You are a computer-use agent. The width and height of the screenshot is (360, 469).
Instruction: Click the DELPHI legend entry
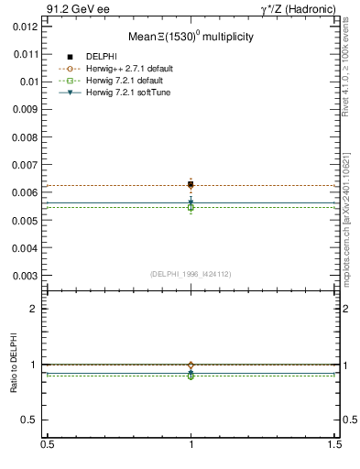(x=102, y=57)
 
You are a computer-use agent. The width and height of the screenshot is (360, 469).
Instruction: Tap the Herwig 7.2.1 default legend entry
(x=124, y=81)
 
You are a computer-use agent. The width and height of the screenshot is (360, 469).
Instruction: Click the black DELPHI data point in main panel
(x=191, y=184)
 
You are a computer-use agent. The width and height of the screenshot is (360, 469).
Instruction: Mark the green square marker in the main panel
(x=191, y=207)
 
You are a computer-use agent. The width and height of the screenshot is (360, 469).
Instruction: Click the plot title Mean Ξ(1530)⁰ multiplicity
(x=191, y=38)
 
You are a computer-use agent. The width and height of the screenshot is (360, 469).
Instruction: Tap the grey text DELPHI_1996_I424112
(x=191, y=273)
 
